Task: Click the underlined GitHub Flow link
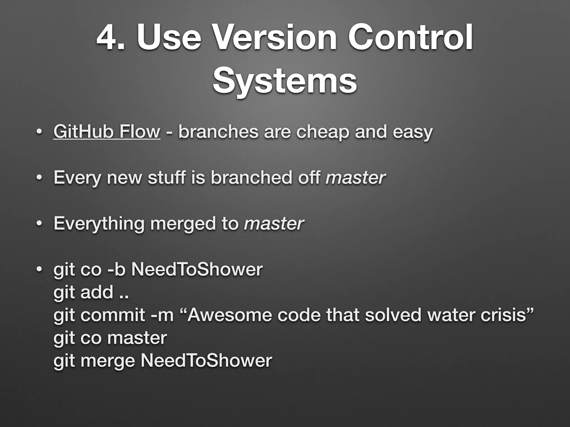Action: (x=107, y=131)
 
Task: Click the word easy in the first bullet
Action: (x=413, y=132)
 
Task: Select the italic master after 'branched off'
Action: (x=355, y=178)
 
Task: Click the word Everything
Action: (x=99, y=224)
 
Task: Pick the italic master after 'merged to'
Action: (x=274, y=224)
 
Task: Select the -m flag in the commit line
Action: (x=162, y=315)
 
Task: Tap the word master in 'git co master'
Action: (x=137, y=338)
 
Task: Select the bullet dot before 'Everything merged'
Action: (x=39, y=224)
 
